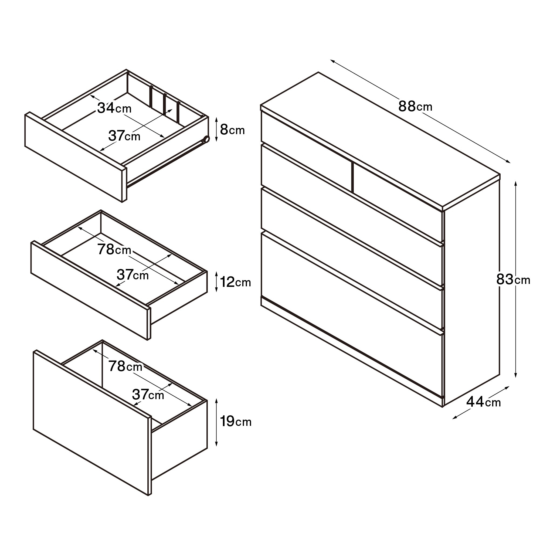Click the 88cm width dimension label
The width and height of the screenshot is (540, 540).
tap(415, 107)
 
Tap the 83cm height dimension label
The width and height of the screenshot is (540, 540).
tap(513, 280)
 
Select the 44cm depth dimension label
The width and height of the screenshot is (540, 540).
tap(484, 402)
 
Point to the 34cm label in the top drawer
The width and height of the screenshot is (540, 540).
tap(114, 108)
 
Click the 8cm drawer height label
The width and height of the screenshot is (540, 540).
tap(232, 130)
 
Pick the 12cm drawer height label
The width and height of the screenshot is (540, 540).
tap(235, 282)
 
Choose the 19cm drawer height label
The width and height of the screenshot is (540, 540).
tap(236, 421)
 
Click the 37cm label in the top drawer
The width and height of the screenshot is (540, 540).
tap(124, 136)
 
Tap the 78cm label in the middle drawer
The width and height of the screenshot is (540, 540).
tap(114, 249)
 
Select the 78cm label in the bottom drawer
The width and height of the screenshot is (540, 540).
tap(125, 366)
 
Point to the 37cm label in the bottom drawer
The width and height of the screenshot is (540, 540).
tap(148, 395)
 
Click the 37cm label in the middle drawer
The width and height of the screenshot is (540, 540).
tap(133, 275)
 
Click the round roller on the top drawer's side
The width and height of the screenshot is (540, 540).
tap(206, 139)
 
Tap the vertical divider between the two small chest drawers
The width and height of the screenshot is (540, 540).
tap(352, 178)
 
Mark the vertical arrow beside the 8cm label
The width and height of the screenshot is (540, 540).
tap(216, 130)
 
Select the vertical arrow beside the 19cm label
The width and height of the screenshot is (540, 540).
tap(216, 422)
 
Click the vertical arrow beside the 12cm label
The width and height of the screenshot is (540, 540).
tap(216, 282)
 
